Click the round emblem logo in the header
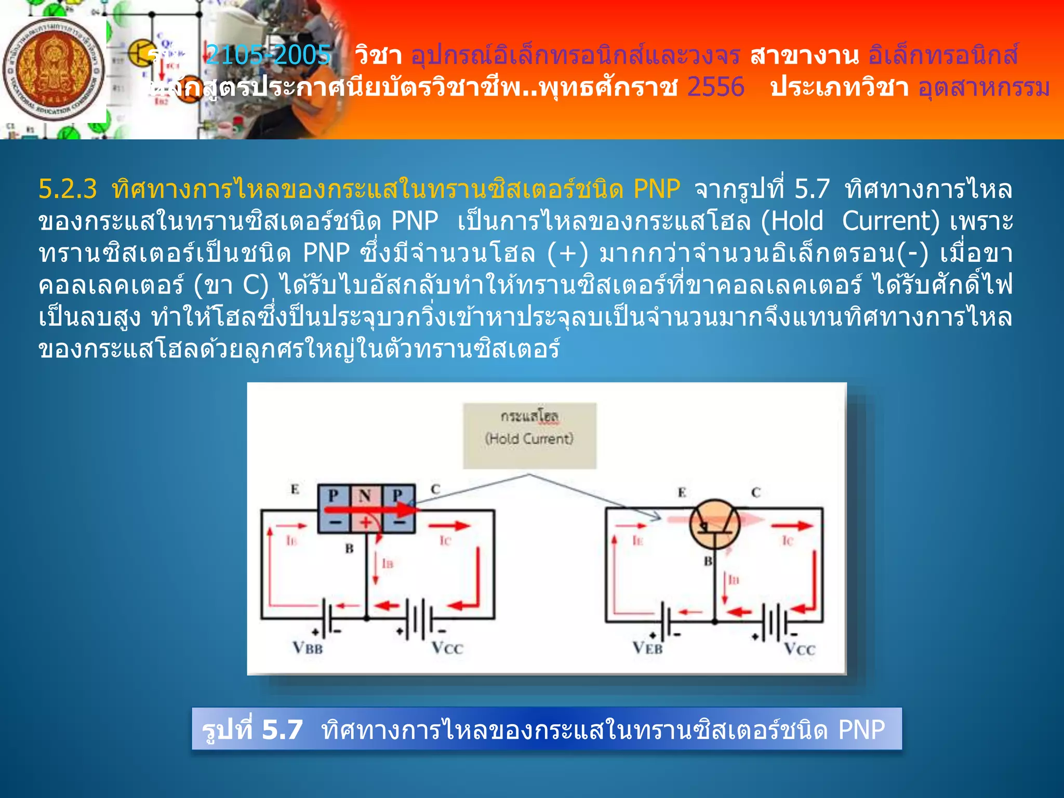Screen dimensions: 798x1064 (54, 70)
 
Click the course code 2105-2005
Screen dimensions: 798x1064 (268, 55)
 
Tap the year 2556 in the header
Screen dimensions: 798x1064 (715, 87)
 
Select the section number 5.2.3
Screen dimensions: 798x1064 (68, 189)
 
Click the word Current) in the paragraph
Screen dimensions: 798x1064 (890, 221)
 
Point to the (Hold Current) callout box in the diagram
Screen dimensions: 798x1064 (529, 435)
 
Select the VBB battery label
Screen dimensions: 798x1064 (308, 648)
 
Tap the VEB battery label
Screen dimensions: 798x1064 (647, 648)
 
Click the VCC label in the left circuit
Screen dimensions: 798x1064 (447, 648)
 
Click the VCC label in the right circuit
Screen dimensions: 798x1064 (800, 649)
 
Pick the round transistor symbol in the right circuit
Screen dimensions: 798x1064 (714, 524)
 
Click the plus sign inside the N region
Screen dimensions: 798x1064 (366, 522)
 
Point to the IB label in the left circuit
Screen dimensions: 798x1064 (388, 563)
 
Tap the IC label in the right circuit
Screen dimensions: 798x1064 (788, 541)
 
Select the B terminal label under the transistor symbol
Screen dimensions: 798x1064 (708, 561)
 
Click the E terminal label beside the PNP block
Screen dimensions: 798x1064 (295, 489)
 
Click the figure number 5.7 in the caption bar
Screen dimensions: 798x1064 (282, 729)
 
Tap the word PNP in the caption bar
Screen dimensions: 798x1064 (861, 729)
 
